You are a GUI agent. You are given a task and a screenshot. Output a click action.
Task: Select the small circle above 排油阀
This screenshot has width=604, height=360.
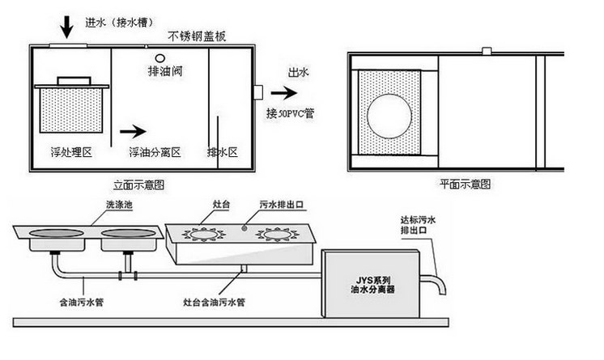(x=160, y=58)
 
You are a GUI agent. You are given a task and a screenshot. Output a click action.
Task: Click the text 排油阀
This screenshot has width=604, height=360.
(x=164, y=73)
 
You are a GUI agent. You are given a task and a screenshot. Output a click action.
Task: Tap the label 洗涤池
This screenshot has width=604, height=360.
(x=118, y=206)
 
